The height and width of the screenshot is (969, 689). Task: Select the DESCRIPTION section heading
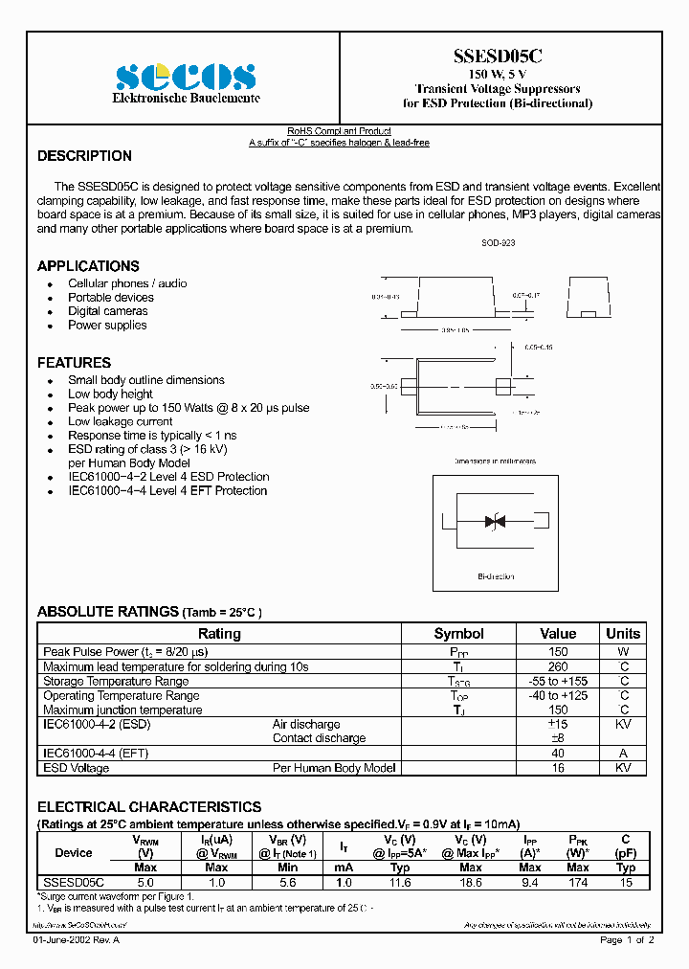coord(84,156)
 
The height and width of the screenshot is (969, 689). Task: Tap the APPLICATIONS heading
coord(88,266)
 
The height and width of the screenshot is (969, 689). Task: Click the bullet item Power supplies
coord(107,325)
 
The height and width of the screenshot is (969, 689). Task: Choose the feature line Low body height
coord(110,394)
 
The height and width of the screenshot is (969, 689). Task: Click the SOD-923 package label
coord(498,244)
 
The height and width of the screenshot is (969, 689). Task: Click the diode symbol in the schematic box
coord(495,522)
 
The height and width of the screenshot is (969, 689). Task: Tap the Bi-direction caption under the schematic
coord(496,576)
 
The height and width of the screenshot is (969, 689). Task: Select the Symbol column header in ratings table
coord(458,634)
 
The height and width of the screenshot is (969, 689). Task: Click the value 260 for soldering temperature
coord(558,666)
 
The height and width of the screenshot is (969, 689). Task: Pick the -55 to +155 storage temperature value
coord(558,681)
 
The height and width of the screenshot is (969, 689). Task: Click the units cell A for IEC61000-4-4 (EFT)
coord(623,753)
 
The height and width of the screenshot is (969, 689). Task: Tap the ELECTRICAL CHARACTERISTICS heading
coord(148,807)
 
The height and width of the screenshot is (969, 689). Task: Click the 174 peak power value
coord(578,882)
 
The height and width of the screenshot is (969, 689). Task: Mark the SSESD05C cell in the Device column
coord(74,882)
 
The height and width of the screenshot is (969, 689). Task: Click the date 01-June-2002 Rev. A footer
coord(77,940)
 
